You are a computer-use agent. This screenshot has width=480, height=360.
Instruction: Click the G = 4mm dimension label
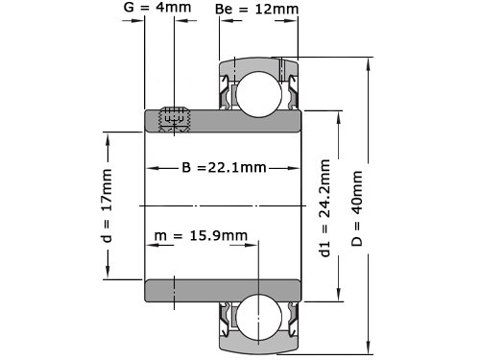click(157, 7)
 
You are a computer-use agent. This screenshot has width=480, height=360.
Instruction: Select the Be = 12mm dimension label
click(256, 9)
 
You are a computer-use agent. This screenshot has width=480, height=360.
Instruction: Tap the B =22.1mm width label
click(224, 167)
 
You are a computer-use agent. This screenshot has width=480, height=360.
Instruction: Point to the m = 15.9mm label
click(201, 235)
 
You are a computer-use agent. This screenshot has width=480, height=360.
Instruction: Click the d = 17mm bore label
click(107, 205)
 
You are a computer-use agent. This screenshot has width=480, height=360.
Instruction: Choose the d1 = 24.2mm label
click(324, 208)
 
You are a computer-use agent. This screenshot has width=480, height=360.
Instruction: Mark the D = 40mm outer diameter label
click(357, 208)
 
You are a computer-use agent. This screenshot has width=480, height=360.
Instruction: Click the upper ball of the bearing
click(259, 94)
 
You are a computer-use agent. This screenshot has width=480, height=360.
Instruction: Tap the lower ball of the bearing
click(259, 317)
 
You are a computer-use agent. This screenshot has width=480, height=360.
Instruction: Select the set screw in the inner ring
click(175, 119)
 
